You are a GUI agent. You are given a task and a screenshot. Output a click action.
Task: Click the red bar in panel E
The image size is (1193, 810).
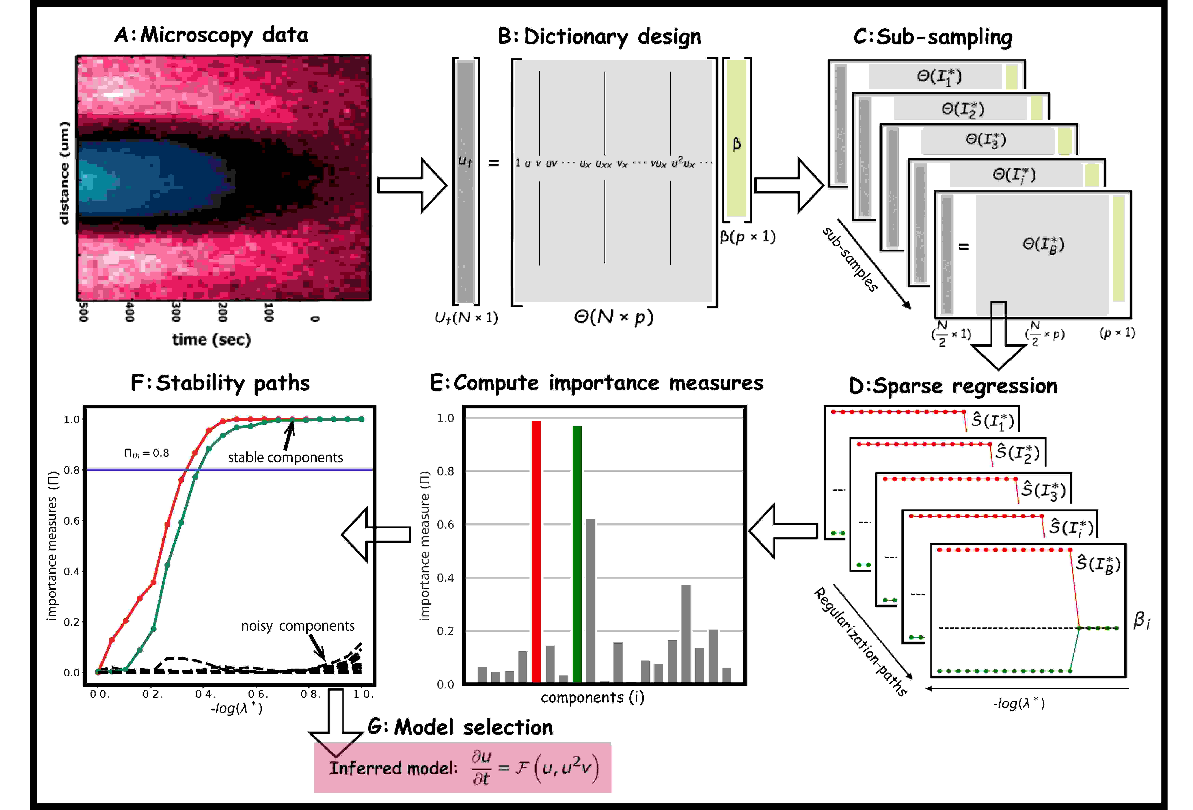tap(536, 552)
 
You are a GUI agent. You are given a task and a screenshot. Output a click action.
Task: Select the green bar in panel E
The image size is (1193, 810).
tap(577, 554)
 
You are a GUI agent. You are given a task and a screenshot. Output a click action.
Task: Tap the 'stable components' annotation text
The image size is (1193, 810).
tap(285, 457)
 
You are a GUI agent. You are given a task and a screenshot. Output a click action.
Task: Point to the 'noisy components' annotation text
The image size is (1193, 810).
tap(298, 626)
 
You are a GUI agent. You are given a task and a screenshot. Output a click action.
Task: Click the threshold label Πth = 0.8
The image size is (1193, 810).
tap(147, 453)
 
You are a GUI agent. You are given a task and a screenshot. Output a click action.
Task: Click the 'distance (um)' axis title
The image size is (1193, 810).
tap(64, 173)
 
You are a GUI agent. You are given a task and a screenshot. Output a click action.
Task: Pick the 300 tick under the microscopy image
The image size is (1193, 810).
tap(175, 312)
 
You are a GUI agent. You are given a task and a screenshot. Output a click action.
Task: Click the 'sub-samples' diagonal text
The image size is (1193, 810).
tap(850, 259)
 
